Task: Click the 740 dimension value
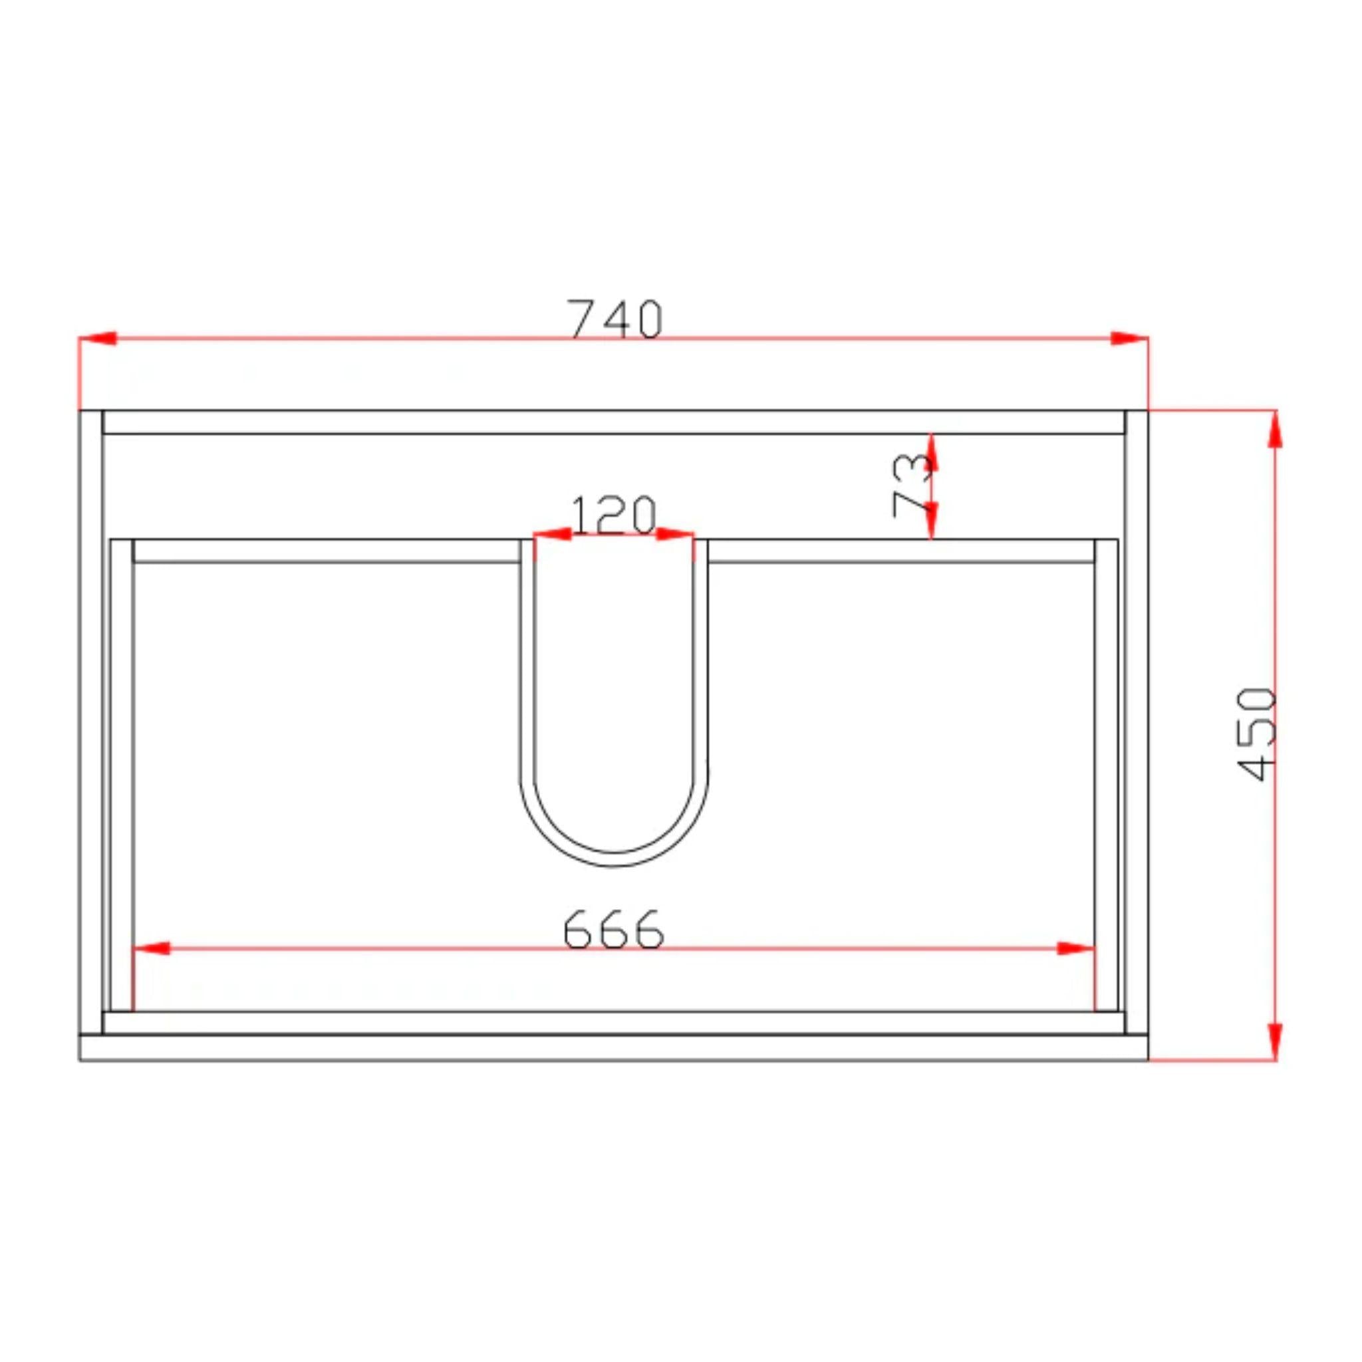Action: pos(614,319)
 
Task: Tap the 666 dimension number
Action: pos(613,928)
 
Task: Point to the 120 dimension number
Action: pos(613,515)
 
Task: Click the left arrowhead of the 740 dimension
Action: pos(97,339)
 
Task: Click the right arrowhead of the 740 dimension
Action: pos(1129,339)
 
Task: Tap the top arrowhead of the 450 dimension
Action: pos(1275,429)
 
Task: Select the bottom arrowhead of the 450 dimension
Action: pos(1275,1042)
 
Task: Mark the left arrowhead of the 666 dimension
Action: pos(152,948)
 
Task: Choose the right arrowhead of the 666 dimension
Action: pos(1076,948)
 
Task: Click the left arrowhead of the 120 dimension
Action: pos(552,533)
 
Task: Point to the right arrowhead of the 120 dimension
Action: pos(674,533)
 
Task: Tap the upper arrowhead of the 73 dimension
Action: pos(931,451)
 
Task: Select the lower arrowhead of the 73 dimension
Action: pos(931,520)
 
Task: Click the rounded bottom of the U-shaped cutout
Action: pos(614,859)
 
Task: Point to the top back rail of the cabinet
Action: pos(613,422)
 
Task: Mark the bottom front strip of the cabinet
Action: pos(613,1047)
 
